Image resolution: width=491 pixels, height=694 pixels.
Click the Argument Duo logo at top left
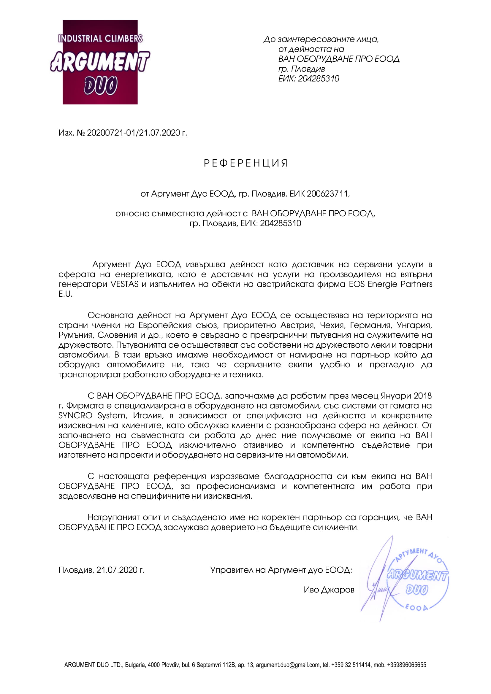tap(100, 62)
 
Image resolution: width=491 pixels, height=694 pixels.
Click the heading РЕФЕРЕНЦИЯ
tap(246, 163)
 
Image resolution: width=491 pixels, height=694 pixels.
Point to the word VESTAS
tap(124, 285)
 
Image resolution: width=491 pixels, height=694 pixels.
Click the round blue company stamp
tap(417, 581)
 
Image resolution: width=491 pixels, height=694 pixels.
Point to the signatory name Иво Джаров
tap(329, 590)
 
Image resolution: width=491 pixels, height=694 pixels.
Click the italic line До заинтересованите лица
tap(321, 39)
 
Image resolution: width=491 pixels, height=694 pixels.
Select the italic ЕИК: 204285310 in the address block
tap(309, 79)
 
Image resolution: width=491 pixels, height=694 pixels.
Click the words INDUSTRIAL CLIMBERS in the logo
tap(100, 39)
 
